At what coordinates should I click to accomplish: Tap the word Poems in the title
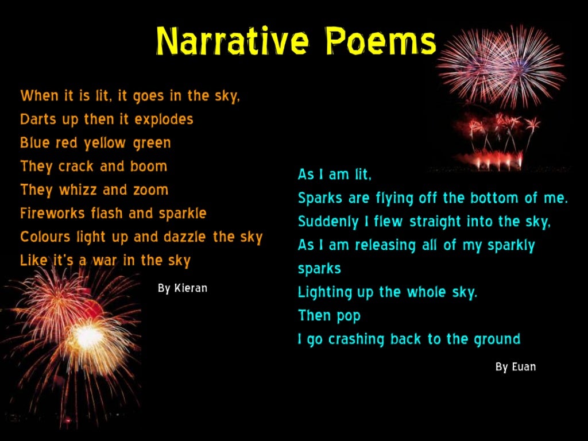pyautogui.click(x=381, y=41)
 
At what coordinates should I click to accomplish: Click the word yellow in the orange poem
pyautogui.click(x=106, y=143)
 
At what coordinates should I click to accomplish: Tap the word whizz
pyautogui.click(x=79, y=190)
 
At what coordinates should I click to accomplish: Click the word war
pyautogui.click(x=106, y=261)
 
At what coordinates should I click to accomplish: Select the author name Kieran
pyautogui.click(x=191, y=288)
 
